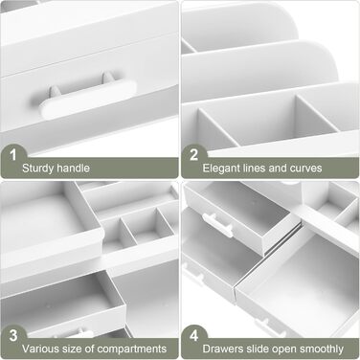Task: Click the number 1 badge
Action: pyautogui.click(x=12, y=155)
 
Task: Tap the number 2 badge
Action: pyautogui.click(x=193, y=155)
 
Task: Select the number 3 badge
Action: pyautogui.click(x=13, y=336)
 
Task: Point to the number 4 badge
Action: pyautogui.click(x=194, y=336)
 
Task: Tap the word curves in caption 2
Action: pyautogui.click(x=306, y=169)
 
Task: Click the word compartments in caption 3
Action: pyautogui.click(x=132, y=349)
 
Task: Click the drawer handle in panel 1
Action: pyautogui.click(x=88, y=98)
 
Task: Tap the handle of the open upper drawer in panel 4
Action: pyautogui.click(x=218, y=225)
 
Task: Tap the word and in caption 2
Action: pyautogui.click(x=278, y=169)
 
